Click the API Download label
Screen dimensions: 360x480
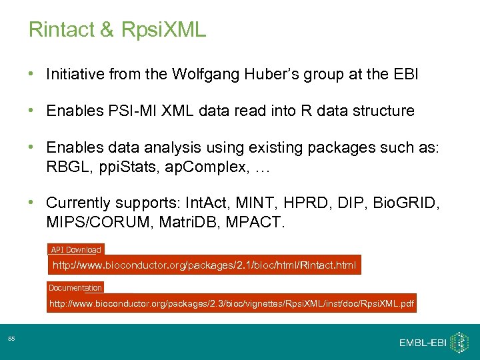[76, 250]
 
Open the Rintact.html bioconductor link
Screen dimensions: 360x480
[205, 265]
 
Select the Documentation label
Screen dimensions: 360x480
[75, 288]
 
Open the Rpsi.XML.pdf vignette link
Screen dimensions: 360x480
[231, 304]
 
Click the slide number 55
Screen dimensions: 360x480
[12, 340]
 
